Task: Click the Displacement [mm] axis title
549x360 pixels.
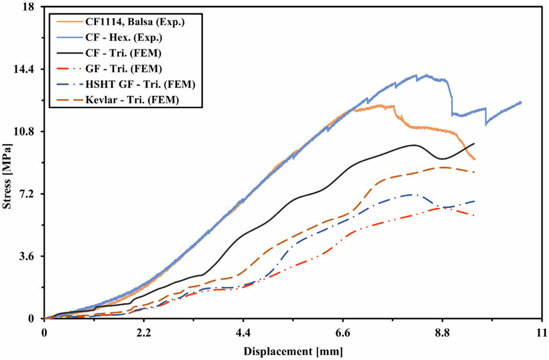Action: [x=293, y=351]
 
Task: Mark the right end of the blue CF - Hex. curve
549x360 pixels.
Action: [x=521, y=102]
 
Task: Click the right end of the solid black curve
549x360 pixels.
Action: [x=474, y=143]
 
